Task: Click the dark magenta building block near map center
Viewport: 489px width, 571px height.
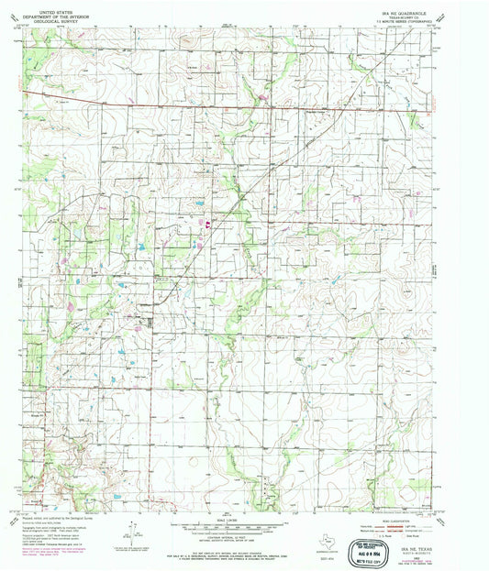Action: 207,223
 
